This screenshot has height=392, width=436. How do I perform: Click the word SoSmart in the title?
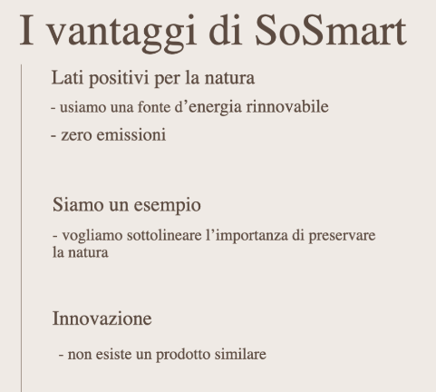331,31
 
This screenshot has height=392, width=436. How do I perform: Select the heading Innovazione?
102,318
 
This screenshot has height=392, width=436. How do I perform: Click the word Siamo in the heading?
78,204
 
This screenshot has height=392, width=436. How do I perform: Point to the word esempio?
167,206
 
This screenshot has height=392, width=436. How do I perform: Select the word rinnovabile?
287,106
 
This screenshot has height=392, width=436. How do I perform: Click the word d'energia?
208,108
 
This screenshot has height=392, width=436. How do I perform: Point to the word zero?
76,135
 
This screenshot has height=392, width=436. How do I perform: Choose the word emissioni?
131,134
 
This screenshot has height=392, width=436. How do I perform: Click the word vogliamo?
92,236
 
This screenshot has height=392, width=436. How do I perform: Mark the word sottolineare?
164,235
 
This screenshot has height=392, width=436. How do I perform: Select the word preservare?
342,236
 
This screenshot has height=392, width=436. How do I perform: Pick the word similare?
240,354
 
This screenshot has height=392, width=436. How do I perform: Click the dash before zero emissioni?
53,136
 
